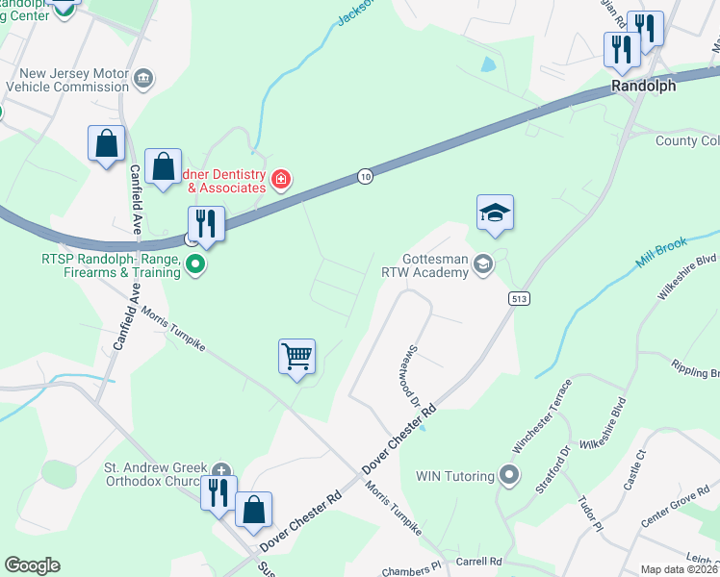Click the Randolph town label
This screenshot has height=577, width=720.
click(644, 86)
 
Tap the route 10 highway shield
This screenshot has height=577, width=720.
click(364, 176)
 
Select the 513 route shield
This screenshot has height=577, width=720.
click(520, 299)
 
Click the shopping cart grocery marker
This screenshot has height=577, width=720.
click(297, 357)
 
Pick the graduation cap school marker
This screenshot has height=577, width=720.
click(495, 213)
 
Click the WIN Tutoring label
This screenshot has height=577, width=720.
click(454, 475)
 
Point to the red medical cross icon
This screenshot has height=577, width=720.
click(281, 179)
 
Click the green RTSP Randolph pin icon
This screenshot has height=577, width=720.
click(195, 263)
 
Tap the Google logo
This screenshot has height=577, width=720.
click(32, 565)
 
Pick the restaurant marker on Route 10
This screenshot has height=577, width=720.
click(205, 224)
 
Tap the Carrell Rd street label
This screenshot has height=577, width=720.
click(481, 561)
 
